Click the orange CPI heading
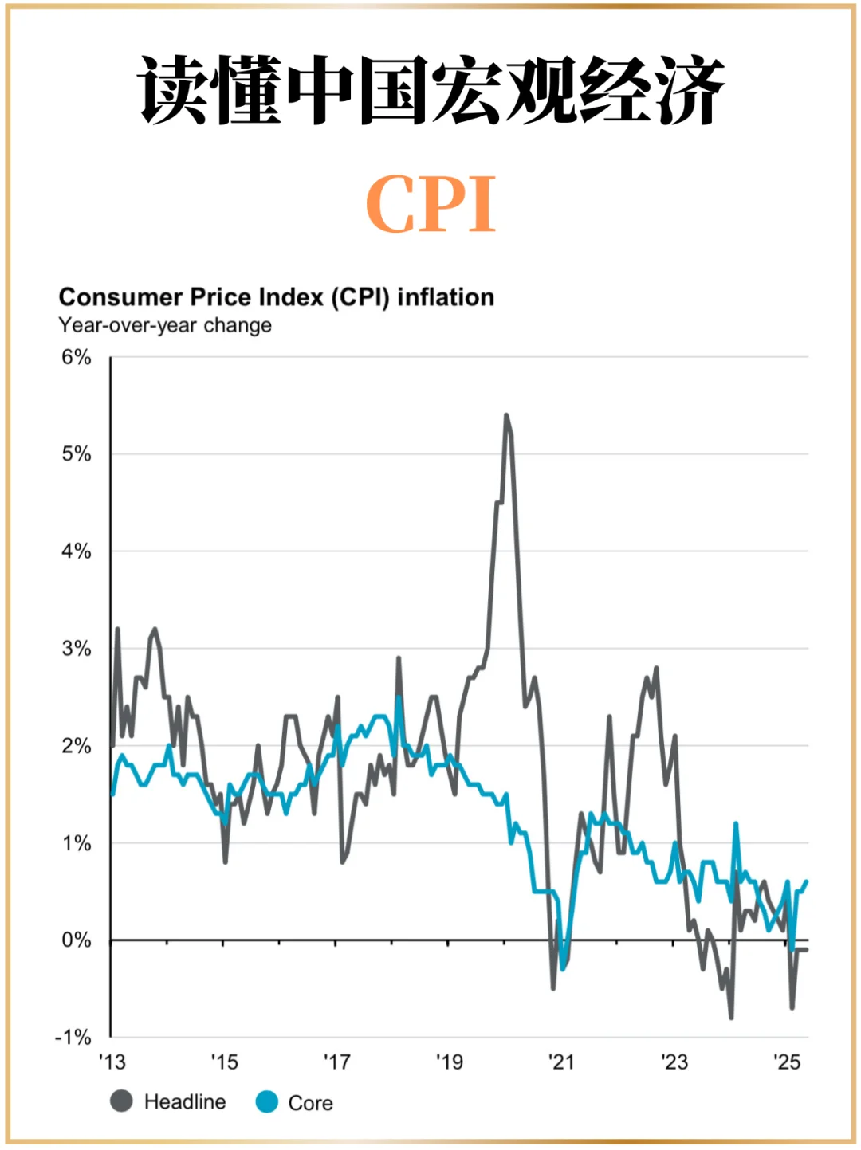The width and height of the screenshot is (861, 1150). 431,205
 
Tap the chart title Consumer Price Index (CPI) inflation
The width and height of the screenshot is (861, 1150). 276,297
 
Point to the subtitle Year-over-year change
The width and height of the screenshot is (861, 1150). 165,325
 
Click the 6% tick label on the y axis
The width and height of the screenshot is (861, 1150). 77,357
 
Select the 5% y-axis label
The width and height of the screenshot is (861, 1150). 77,454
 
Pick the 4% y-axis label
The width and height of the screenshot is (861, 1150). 77,551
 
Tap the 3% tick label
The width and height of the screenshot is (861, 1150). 77,649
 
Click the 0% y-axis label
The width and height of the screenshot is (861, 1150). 77,940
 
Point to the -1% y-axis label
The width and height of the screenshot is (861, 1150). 73,1038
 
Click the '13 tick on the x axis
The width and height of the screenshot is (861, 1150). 112,1062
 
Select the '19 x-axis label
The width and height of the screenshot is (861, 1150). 450,1062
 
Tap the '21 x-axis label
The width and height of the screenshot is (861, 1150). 561,1062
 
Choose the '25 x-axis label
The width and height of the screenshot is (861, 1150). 787,1062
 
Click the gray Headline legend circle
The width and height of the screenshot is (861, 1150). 121,1101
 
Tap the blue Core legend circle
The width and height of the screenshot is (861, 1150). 266,1102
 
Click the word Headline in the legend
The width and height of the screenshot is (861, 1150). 185,1102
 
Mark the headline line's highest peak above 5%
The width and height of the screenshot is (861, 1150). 506,415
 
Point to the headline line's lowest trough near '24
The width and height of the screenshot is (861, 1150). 731,1017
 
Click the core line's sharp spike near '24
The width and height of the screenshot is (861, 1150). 736,824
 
